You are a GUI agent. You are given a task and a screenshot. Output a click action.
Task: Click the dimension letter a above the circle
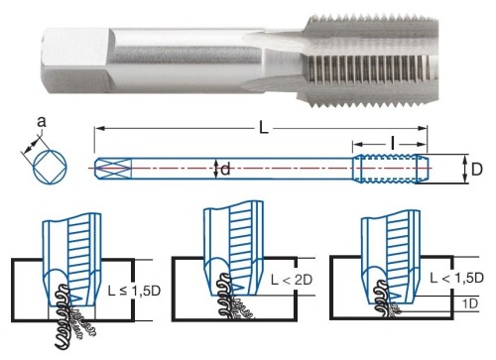[41, 122]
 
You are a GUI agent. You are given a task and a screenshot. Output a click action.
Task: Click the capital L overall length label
[263, 128]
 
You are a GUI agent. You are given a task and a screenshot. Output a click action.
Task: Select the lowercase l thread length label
[393, 144]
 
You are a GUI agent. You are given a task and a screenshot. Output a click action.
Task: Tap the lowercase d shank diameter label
[225, 170]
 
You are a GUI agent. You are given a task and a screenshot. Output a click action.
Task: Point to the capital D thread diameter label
[476, 170]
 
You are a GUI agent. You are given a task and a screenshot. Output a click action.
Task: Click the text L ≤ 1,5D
[134, 291]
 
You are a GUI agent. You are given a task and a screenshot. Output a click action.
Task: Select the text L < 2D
[292, 280]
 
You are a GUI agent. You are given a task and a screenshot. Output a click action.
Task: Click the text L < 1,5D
[457, 278]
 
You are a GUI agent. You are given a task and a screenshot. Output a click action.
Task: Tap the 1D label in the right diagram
[470, 303]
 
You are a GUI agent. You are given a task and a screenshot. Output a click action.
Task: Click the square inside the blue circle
[51, 166]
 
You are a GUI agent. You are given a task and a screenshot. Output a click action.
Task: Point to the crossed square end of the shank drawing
[113, 169]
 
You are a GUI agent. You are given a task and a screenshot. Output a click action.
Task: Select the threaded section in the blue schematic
[390, 169]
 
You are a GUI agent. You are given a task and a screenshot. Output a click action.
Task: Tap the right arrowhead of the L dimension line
[423, 128]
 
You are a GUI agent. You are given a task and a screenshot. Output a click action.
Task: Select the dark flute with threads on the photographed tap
[367, 67]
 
